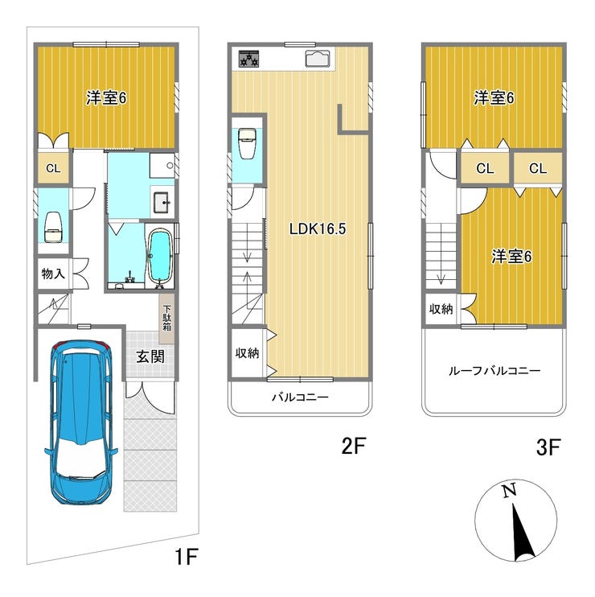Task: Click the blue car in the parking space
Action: pos(81,422)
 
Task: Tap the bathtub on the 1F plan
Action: pos(159,257)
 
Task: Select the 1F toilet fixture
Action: pos(53,227)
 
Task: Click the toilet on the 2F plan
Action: pos(247,143)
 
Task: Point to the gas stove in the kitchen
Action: pos(248,59)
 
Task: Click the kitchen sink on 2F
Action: pos(317,59)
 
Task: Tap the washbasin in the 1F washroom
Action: pos(162,203)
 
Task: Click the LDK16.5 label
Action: pos(318,229)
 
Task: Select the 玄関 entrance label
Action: pos(150,356)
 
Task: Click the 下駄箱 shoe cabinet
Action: pos(167,319)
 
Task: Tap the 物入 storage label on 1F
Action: pos(53,274)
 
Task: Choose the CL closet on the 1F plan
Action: pos(53,168)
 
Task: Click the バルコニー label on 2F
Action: pos(300,397)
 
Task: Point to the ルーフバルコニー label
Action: pos(494,370)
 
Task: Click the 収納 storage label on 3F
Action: pos(441,309)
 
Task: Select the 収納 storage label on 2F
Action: pos(247,353)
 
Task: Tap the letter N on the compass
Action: pos(509,490)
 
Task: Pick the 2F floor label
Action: pos(354,446)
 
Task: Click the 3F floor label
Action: pos(548,447)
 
